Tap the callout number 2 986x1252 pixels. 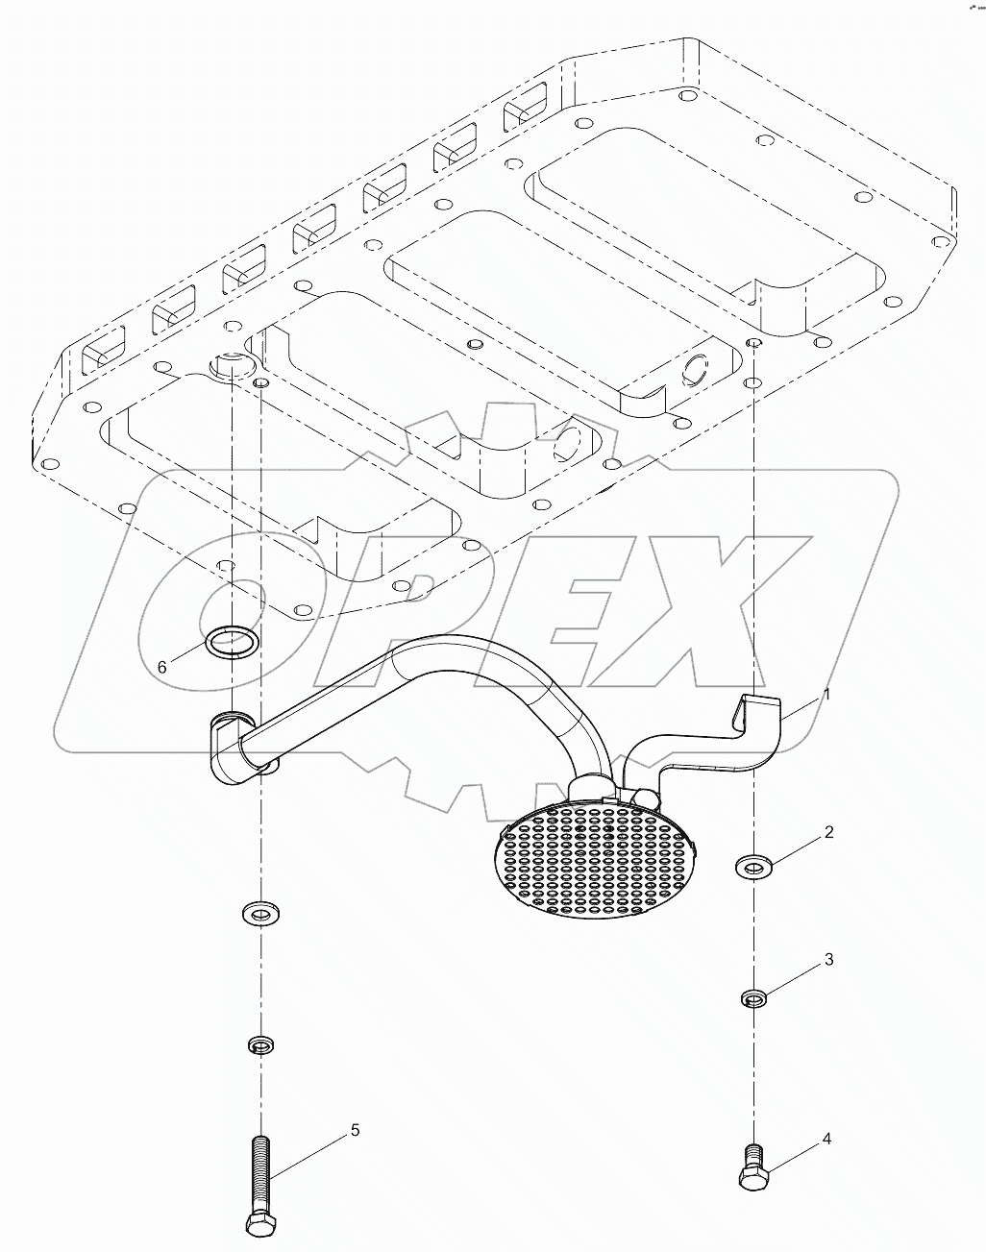pos(828,832)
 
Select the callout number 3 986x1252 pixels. pos(828,960)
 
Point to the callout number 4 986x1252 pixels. pos(826,1140)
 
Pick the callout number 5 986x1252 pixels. pos(355,1130)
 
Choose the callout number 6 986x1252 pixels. pos(162,666)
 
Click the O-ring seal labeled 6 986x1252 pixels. pos(233,640)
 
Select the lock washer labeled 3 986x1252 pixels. pos(755,999)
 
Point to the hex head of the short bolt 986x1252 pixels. pos(752,1179)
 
